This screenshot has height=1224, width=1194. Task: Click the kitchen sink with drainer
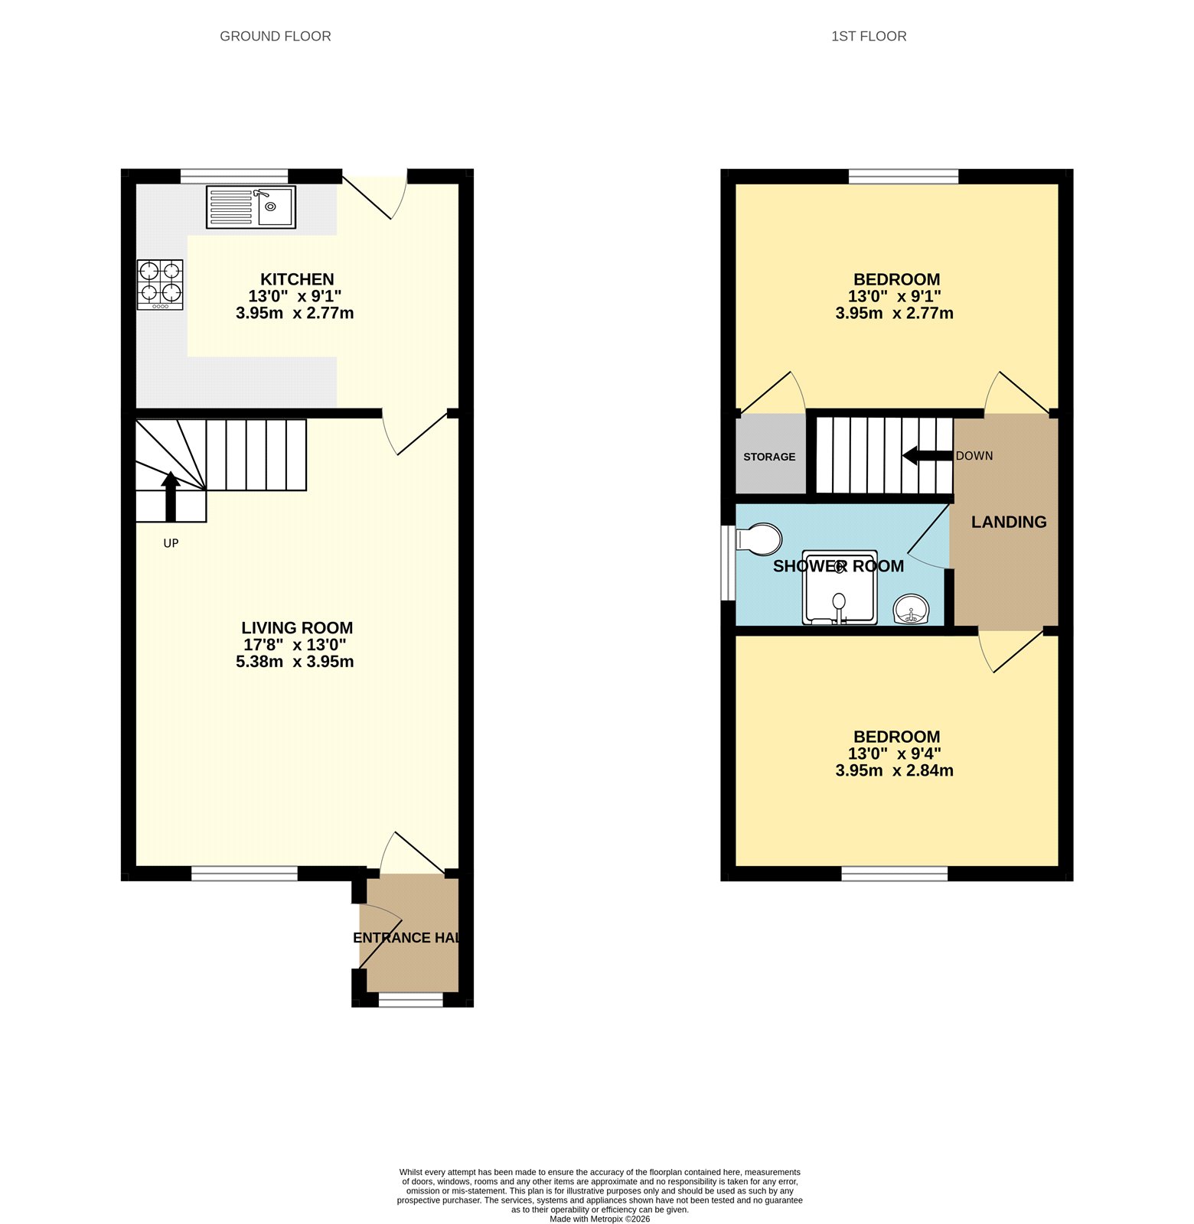[x=250, y=207]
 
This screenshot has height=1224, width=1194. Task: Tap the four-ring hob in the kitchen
[x=160, y=285]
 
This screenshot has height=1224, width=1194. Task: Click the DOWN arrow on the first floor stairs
[x=927, y=456]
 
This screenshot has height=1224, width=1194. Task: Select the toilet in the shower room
[x=758, y=539]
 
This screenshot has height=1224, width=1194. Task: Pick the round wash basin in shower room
[x=912, y=610]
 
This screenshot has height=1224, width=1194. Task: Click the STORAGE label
[x=769, y=457]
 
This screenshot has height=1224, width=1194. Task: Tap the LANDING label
[x=1008, y=522]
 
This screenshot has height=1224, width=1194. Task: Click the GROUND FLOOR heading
[x=275, y=36]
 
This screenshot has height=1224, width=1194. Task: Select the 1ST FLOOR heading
[x=868, y=36]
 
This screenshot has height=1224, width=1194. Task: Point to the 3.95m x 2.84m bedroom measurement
[x=894, y=770]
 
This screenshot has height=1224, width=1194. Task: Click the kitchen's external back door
[x=374, y=196]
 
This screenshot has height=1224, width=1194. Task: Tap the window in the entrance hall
[x=410, y=999]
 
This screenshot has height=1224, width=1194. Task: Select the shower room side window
[x=726, y=563]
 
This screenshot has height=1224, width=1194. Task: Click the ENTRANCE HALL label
[x=406, y=938]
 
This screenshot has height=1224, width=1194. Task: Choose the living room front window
[x=244, y=873]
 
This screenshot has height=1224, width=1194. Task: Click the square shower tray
[x=839, y=587]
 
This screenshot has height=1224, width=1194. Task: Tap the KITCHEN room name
[x=297, y=279]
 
